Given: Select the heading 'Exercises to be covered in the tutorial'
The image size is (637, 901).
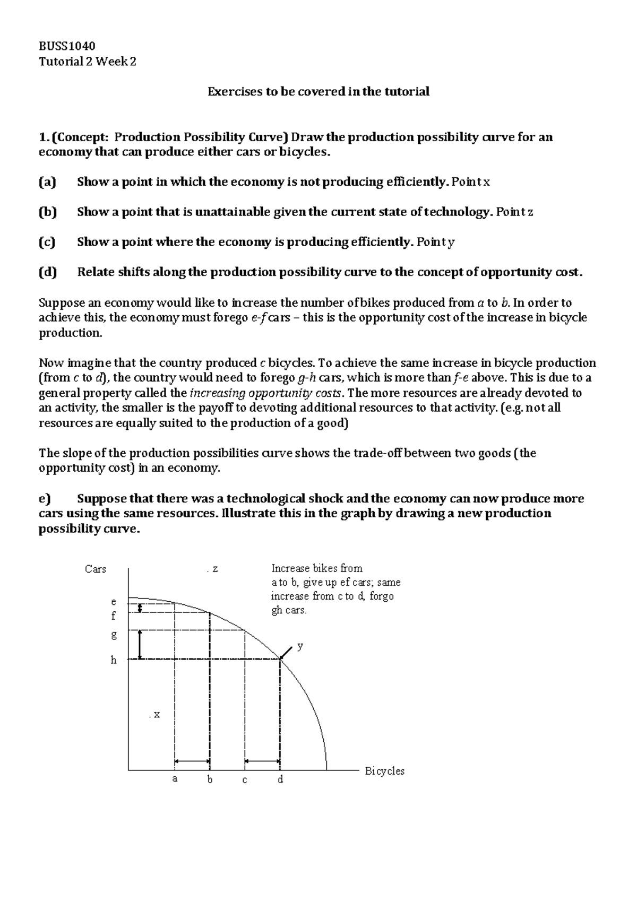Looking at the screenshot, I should (318, 92).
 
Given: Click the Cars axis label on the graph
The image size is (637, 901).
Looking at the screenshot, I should (96, 569).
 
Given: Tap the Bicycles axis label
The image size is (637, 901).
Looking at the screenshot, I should (384, 771).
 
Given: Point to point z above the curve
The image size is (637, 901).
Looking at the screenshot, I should (213, 569).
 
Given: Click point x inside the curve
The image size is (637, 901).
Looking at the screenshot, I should (155, 715).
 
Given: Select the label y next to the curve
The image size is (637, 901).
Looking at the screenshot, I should (300, 646).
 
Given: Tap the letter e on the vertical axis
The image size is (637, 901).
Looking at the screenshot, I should (113, 602).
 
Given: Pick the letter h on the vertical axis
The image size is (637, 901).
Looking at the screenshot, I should (113, 660).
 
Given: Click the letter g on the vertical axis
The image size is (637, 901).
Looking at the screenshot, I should (113, 634).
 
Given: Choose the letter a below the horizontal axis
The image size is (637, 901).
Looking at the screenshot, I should (175, 779).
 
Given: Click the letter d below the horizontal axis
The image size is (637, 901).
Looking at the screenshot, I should (280, 779).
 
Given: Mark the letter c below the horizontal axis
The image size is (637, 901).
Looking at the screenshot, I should (245, 780).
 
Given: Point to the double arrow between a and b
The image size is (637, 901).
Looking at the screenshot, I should (192, 761).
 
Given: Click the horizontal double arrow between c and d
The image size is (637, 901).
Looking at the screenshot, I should (262, 761).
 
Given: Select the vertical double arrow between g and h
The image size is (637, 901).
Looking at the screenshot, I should (140, 645).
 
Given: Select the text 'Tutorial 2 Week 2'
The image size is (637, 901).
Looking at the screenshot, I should (88, 62).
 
